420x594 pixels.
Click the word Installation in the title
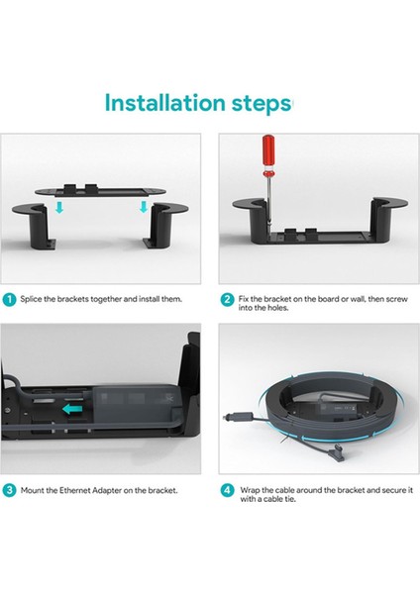(x=164, y=103)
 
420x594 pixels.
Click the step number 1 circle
(x=9, y=300)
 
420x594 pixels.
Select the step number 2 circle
(x=227, y=300)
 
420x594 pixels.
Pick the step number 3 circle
(x=9, y=490)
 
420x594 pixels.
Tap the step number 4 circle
(x=227, y=490)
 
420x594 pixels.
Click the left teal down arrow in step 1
(x=59, y=207)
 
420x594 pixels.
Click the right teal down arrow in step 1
(x=144, y=207)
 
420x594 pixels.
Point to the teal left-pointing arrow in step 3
(x=72, y=409)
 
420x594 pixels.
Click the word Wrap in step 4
(x=250, y=490)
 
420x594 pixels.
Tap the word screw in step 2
(x=396, y=299)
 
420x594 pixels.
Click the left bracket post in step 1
(x=35, y=226)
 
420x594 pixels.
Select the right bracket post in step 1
(x=165, y=225)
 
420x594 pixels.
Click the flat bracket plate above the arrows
(x=100, y=191)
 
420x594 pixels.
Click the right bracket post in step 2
(x=383, y=219)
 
